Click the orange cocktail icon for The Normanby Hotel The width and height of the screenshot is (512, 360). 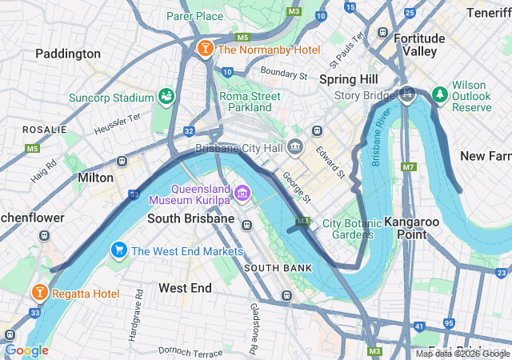205,50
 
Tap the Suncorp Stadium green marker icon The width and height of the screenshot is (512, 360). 166,98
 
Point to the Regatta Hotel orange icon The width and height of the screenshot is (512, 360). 38,294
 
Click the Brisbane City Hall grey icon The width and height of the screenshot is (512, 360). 295,148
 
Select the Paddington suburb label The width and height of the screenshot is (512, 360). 68,54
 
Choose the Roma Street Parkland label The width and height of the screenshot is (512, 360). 250,102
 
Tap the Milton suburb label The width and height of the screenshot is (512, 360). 96,177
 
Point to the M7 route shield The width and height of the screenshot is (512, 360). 410,167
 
